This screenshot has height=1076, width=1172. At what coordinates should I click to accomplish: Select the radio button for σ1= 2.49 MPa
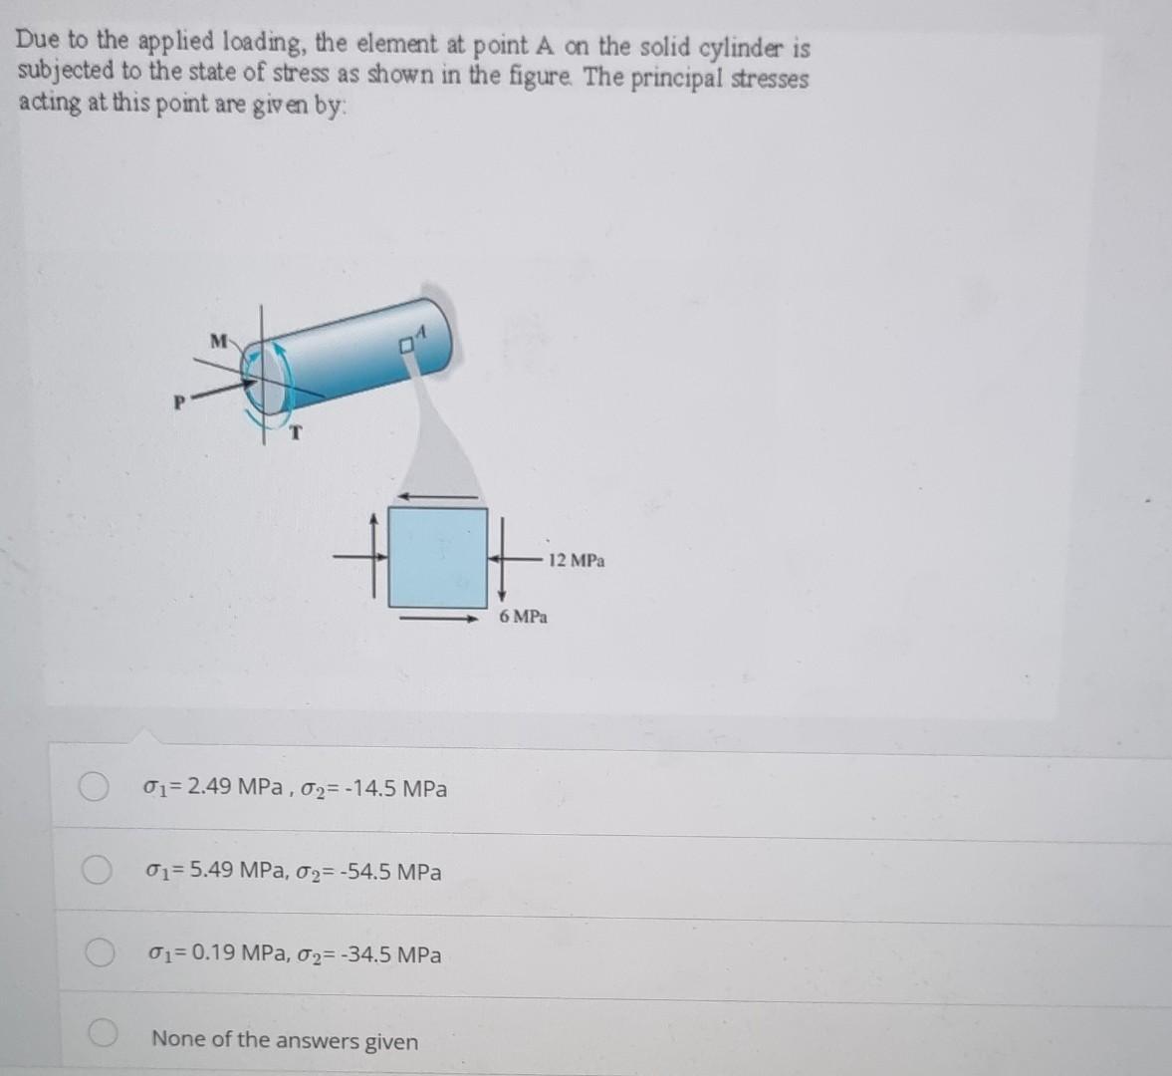pyautogui.click(x=95, y=787)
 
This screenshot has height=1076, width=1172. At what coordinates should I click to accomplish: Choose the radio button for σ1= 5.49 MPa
pyautogui.click(x=96, y=871)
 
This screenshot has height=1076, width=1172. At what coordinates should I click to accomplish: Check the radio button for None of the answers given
pyautogui.click(x=104, y=1036)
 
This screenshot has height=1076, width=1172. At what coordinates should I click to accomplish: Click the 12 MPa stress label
pyautogui.click(x=576, y=561)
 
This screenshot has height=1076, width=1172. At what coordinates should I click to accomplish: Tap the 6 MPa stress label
pyautogui.click(x=524, y=617)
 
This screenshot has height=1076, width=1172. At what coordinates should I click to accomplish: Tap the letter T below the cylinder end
pyautogui.click(x=296, y=432)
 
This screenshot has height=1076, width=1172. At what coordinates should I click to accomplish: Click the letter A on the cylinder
pyautogui.click(x=421, y=332)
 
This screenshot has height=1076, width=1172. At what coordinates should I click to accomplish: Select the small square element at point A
pyautogui.click(x=406, y=346)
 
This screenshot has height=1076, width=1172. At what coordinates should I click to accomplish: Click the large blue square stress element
pyautogui.click(x=437, y=557)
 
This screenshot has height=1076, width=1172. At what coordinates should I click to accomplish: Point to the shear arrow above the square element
pyautogui.click(x=437, y=496)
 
